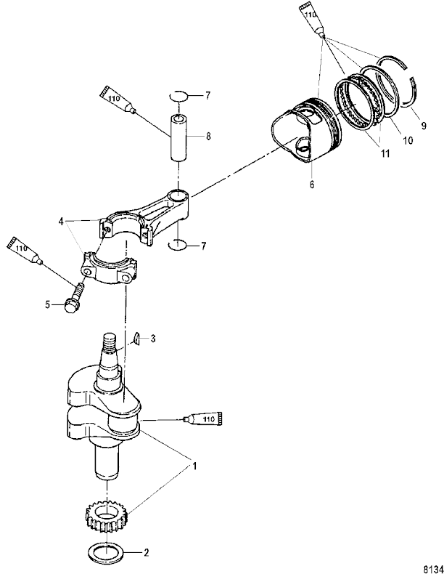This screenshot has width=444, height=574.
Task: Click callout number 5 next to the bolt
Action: coord(48,305)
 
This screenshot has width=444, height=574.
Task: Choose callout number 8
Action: coord(208,136)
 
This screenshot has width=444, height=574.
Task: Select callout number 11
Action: coord(385,153)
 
